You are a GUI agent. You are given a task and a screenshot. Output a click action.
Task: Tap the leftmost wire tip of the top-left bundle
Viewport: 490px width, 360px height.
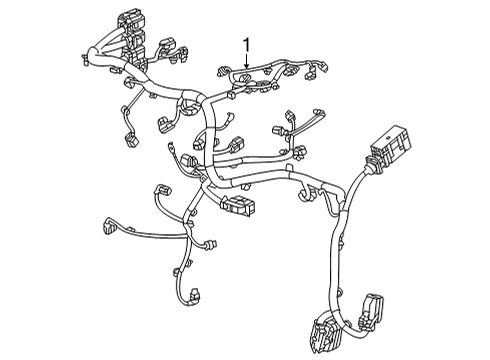pos(77,58)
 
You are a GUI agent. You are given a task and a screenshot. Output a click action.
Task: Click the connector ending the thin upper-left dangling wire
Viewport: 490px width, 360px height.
pos(127,140)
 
